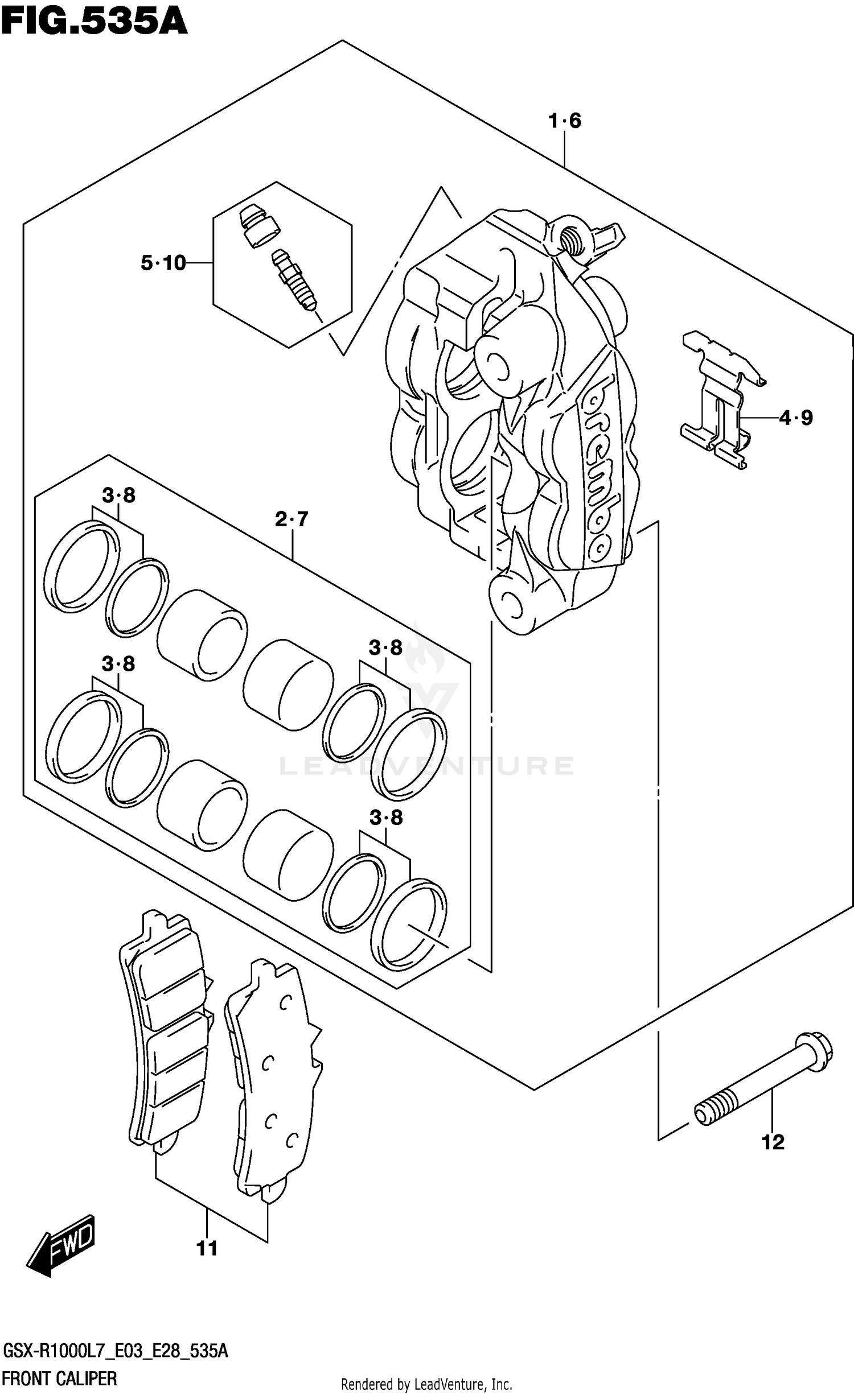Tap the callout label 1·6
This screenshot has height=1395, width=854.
point(565,121)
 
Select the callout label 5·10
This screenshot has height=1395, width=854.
point(163,263)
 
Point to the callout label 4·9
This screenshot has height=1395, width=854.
point(795,418)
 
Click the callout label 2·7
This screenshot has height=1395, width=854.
point(291,519)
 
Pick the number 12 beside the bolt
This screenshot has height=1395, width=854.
point(773,1141)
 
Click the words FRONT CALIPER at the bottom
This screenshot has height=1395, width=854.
point(60,1379)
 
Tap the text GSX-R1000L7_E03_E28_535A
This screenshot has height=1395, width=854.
point(116,1351)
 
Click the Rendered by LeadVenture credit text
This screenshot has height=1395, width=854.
point(426,1384)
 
